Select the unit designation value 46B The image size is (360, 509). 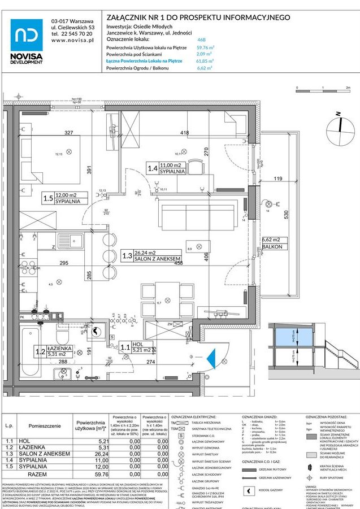[201, 41]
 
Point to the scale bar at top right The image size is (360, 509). [322, 89]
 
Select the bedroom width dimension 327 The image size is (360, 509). [69, 133]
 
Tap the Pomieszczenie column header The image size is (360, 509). [45, 425]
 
